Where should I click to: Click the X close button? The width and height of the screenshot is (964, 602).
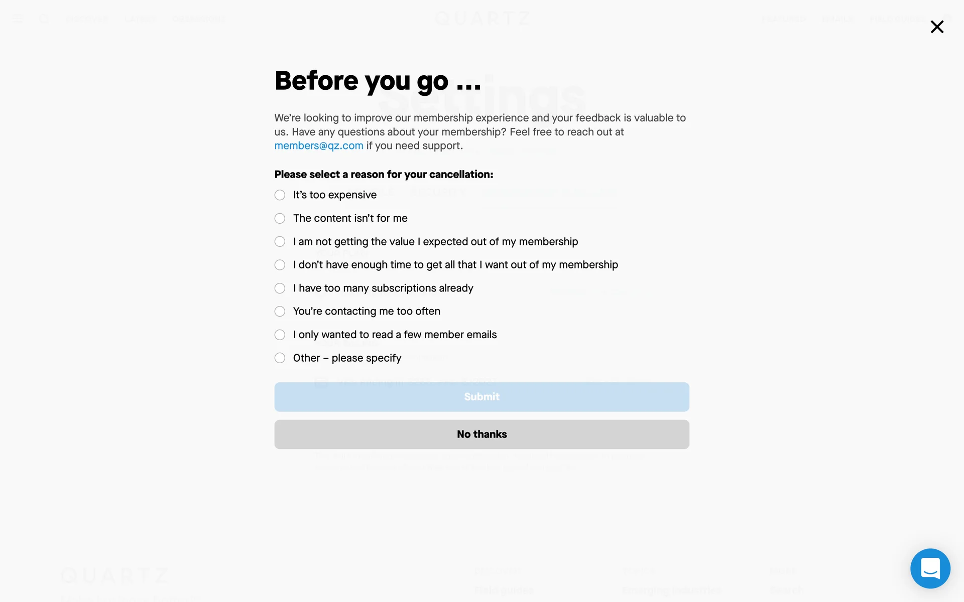937,27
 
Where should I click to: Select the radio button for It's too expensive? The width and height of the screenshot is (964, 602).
280,195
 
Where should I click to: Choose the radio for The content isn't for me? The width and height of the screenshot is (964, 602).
280,218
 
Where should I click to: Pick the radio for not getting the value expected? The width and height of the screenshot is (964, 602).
280,242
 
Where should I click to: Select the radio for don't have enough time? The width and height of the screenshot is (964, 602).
280,265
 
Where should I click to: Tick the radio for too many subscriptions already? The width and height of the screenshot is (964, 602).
280,288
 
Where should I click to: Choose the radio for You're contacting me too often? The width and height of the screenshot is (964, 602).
280,312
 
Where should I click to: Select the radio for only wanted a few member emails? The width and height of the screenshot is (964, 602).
280,335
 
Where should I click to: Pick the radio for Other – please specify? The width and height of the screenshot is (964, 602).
280,358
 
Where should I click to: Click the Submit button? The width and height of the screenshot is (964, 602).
481,397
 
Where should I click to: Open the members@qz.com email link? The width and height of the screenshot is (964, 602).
319,146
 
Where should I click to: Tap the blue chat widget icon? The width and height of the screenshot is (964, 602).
930,568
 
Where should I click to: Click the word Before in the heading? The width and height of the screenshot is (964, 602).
316,81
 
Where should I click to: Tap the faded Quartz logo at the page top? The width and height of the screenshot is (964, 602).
482,19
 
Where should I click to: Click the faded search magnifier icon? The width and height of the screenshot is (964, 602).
44,19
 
